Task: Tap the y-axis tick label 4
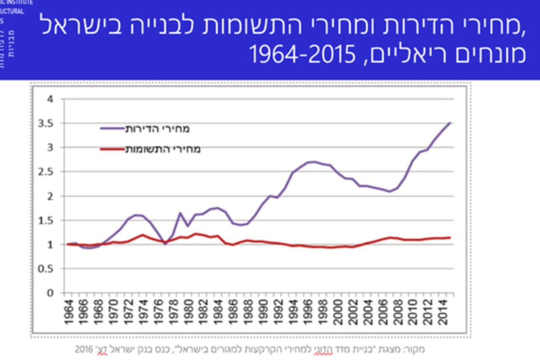pos(51,100)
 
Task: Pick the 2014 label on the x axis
pos(443,312)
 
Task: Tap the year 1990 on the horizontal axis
pos(263,312)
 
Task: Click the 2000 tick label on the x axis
pos(338,312)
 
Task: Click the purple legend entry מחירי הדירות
pos(157,129)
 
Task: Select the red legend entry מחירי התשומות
pos(162,149)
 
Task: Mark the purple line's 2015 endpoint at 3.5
pos(450,123)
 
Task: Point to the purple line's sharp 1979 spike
pos(180,213)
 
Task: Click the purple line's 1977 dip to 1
pos(165,244)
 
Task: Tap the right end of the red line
pos(450,238)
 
